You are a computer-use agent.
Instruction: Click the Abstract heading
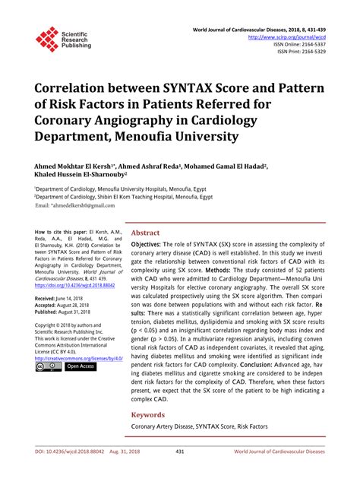coord(146,233)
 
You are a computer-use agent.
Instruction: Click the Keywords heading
coord(149,415)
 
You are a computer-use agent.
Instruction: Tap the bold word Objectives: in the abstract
coord(150,245)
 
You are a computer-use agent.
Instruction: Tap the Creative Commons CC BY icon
coord(48,366)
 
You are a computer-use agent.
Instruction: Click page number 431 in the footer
coord(179,472)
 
